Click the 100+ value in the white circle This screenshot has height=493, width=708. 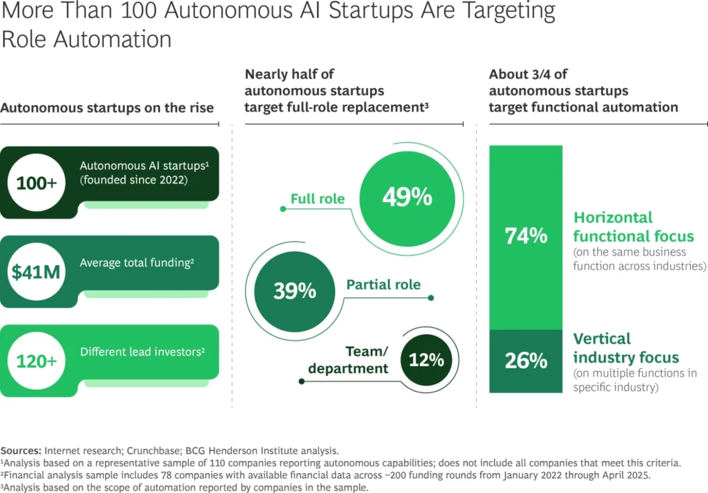36,183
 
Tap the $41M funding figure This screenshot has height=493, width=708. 36,272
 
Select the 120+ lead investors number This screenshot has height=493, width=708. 36,361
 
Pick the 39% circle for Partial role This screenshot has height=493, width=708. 294,291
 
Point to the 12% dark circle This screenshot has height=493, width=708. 426,360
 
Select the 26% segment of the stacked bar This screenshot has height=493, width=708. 525,361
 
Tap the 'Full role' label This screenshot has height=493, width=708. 317,199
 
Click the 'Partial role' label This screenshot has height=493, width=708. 383,285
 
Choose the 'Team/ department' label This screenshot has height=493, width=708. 349,360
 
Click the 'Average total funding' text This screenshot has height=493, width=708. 137,263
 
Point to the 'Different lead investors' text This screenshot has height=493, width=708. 142,352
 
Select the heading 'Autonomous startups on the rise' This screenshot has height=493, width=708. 107,108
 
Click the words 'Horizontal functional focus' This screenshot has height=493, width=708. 633,227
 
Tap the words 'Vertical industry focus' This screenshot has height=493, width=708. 626,348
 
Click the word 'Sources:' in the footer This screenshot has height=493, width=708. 21,451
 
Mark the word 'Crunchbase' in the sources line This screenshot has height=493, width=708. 153,451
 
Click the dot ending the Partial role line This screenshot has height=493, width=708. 431,298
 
